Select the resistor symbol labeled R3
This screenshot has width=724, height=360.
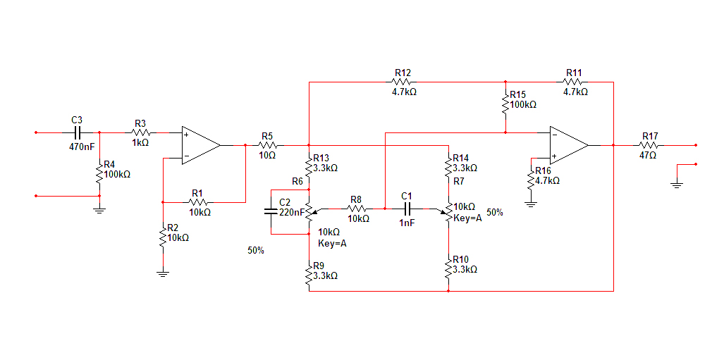tap(140, 132)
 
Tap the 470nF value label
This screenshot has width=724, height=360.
tap(81, 147)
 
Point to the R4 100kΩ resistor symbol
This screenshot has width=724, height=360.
tap(99, 173)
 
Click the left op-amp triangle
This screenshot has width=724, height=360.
tap(200, 145)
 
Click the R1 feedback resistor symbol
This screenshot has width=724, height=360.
tap(198, 201)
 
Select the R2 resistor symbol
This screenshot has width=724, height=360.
tap(163, 234)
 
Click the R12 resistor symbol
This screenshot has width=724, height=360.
tap(403, 82)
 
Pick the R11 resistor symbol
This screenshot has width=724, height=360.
tap(574, 82)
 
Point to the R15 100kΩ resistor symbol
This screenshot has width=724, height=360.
tap(505, 103)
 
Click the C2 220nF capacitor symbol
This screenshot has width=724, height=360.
tap(271, 211)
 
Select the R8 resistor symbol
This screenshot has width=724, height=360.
tap(356, 209)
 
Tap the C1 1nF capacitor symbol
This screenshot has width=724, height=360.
tap(406, 209)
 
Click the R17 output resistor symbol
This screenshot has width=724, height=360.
tap(650, 145)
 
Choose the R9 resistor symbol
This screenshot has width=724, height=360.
tap(309, 275)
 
